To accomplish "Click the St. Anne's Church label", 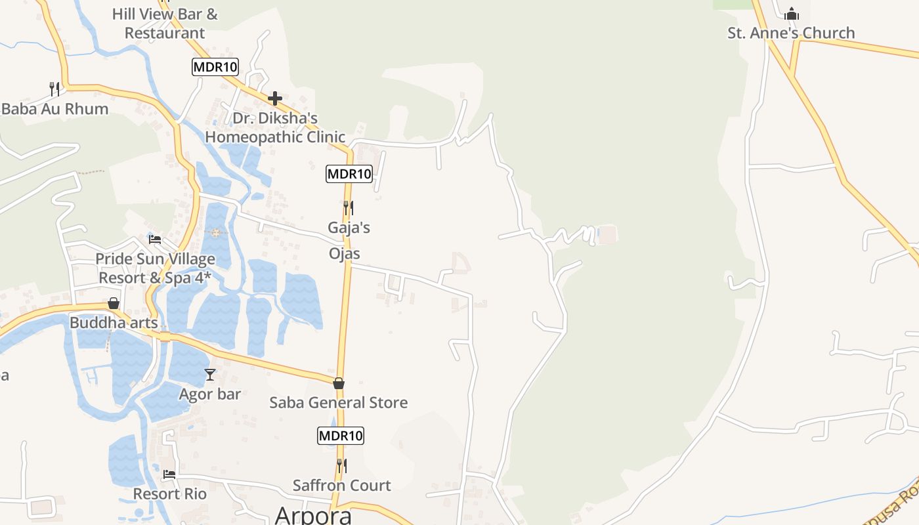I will point(791,33).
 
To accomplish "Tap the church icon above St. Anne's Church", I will point(792,13).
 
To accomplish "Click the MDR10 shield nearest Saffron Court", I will point(341,436).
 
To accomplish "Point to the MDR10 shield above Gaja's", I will point(349,174).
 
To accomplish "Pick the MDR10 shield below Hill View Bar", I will point(215,66).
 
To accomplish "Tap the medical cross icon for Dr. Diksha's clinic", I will point(275,99).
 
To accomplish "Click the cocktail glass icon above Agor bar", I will point(210,375).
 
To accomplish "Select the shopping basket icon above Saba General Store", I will point(339,383).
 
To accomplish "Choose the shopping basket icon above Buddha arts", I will point(114,303).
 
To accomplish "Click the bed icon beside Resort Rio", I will point(169,474).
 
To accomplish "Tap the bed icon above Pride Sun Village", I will point(155,240).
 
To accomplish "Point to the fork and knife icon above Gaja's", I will point(349,208).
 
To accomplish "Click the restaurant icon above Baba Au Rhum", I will point(55,89).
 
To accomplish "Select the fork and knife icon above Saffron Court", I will point(341,466).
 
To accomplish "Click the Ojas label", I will point(345,253).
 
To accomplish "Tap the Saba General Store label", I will point(339,402).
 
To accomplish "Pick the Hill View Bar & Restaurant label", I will point(165,24).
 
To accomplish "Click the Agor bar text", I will point(210,394).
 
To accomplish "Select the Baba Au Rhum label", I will point(55,109).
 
